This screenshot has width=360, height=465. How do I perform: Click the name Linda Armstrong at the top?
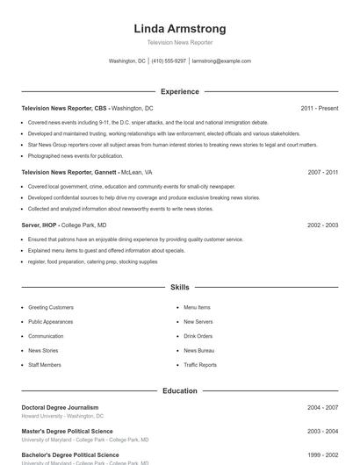click(179, 28)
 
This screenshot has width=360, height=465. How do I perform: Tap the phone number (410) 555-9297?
click(169, 61)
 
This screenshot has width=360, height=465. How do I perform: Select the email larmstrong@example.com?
click(221, 61)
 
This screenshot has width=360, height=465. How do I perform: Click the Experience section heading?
click(179, 91)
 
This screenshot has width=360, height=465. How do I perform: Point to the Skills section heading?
click(179, 287)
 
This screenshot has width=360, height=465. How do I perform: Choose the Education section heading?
click(179, 390)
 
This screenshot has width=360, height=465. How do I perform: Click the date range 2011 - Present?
click(319, 108)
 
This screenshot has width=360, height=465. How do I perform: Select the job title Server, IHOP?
click(40, 225)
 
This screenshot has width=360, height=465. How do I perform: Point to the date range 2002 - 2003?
click(322, 225)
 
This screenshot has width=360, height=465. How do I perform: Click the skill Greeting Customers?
click(51, 308)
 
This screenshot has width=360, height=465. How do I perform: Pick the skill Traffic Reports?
click(200, 365)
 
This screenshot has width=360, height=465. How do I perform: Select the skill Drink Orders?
click(198, 336)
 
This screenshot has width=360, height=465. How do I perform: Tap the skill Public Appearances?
click(51, 322)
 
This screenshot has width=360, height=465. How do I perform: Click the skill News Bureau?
click(198, 350)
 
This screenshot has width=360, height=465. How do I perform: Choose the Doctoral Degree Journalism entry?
click(60, 407)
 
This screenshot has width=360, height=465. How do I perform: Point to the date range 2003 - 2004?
click(322, 431)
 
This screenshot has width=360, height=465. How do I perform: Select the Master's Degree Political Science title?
click(67, 431)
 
